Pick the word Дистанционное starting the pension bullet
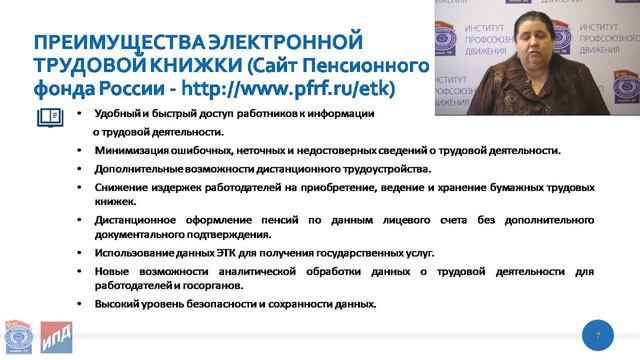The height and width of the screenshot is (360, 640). [139, 218]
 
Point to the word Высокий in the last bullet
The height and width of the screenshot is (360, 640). [119, 303]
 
